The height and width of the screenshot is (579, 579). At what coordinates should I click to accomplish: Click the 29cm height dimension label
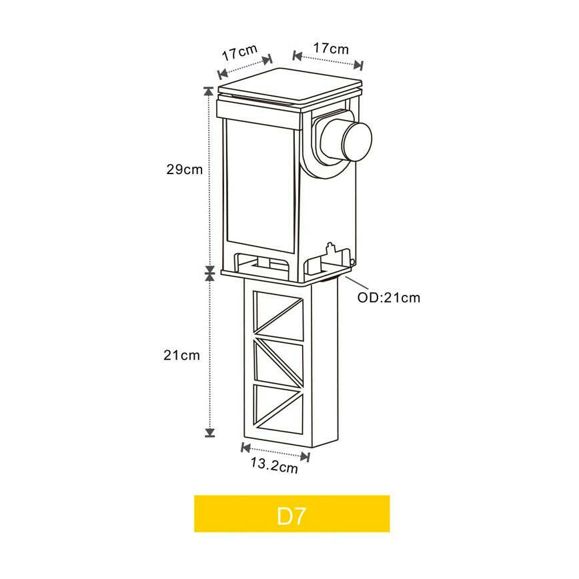(185, 169)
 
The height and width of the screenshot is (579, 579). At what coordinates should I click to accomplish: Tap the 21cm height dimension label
(181, 356)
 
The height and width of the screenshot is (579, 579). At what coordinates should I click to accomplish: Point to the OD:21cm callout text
(389, 298)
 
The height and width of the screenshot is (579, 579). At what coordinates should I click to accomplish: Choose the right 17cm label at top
(330, 49)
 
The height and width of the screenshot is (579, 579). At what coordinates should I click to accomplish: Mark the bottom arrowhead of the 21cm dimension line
(210, 432)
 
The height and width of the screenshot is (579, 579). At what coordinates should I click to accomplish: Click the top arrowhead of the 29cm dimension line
(209, 91)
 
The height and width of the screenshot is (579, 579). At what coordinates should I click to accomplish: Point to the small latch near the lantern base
(331, 251)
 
